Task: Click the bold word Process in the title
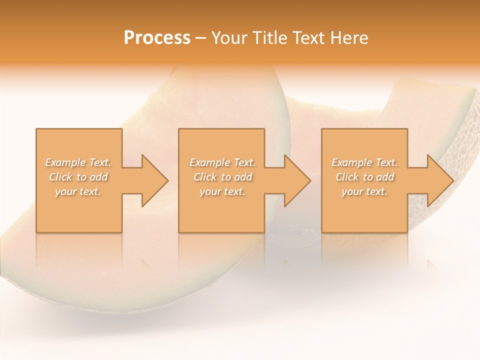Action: (x=157, y=38)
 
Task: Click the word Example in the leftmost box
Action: (x=65, y=162)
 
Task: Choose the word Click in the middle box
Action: (x=205, y=177)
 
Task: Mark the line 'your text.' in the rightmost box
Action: (x=364, y=191)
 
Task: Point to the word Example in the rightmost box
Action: (x=352, y=162)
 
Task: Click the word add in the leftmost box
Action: (x=99, y=177)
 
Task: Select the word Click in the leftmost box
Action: (x=60, y=177)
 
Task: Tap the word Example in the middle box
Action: (x=209, y=162)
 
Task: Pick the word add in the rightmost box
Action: (x=385, y=177)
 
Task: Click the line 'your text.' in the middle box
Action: (x=222, y=191)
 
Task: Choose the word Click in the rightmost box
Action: (x=347, y=177)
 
